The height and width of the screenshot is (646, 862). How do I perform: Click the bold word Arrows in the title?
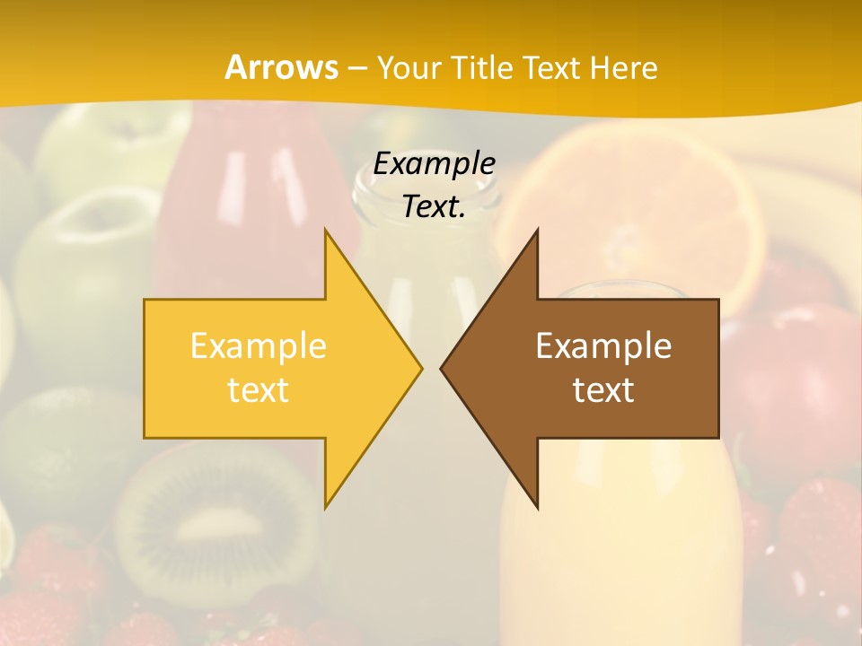[281, 67]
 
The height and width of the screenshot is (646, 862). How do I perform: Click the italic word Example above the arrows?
[434, 164]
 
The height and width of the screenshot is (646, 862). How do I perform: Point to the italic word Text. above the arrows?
[434, 206]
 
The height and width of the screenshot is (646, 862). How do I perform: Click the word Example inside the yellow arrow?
[259, 346]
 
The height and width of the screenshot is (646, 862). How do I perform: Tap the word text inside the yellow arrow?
[259, 389]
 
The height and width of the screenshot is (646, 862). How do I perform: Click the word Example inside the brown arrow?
[603, 346]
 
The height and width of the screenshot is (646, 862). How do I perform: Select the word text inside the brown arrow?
[603, 389]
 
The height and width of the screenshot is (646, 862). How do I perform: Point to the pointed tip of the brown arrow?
[443, 368]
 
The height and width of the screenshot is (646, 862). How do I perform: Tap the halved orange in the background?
[646, 206]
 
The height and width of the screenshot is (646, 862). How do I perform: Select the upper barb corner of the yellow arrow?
[326, 231]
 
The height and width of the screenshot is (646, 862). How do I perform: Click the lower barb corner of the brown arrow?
[537, 508]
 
